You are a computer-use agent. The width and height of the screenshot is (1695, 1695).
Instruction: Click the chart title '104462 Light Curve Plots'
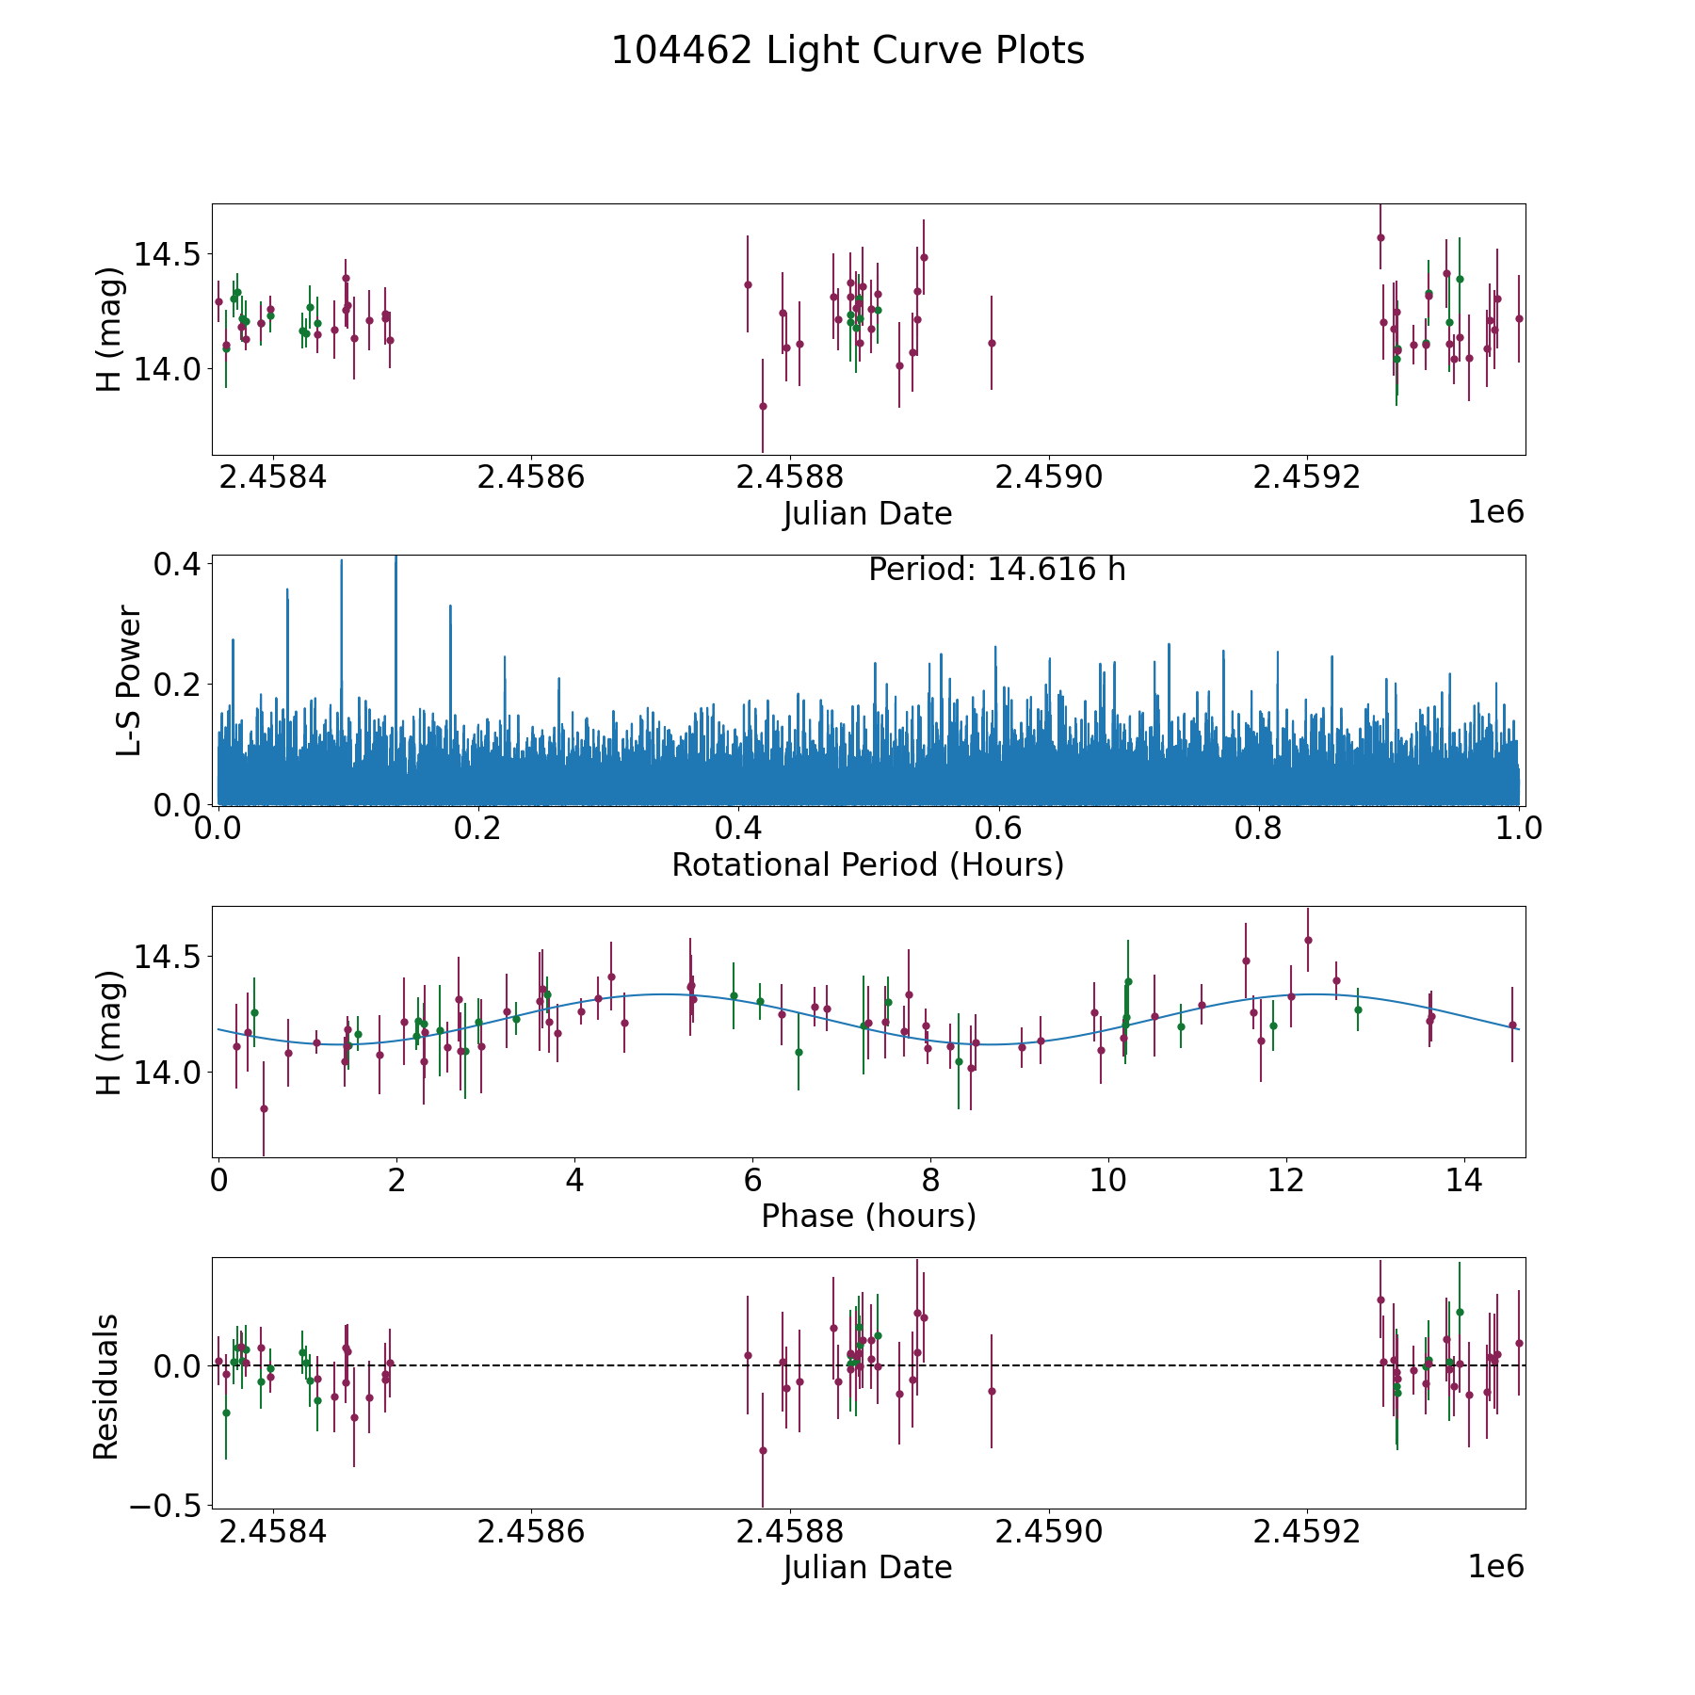(847, 51)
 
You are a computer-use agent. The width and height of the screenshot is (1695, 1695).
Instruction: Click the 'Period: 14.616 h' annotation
(996, 570)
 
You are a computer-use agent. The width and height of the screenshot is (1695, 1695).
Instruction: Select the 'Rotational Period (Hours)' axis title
(867, 864)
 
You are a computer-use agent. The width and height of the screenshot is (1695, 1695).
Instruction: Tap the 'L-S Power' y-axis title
(129, 681)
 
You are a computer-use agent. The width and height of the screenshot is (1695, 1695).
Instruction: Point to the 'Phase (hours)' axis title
(867, 1216)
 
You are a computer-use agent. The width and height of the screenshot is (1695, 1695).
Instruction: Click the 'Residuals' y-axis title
(105, 1386)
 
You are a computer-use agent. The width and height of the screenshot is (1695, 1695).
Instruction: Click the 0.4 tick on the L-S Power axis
(177, 564)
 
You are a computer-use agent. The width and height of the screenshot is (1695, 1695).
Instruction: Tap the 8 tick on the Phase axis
(930, 1180)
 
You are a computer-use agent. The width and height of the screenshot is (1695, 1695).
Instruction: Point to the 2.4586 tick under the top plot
(531, 477)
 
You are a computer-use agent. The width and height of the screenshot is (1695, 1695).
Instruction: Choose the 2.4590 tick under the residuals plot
(1048, 1532)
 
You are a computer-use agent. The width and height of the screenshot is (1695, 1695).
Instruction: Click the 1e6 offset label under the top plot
(1495, 512)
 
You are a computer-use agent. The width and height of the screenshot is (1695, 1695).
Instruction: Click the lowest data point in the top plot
(763, 406)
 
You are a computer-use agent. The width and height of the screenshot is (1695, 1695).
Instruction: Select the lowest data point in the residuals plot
(763, 1450)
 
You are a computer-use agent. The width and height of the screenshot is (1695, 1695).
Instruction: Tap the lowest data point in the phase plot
(264, 1108)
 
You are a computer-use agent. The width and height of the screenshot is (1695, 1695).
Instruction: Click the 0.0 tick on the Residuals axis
(177, 1365)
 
